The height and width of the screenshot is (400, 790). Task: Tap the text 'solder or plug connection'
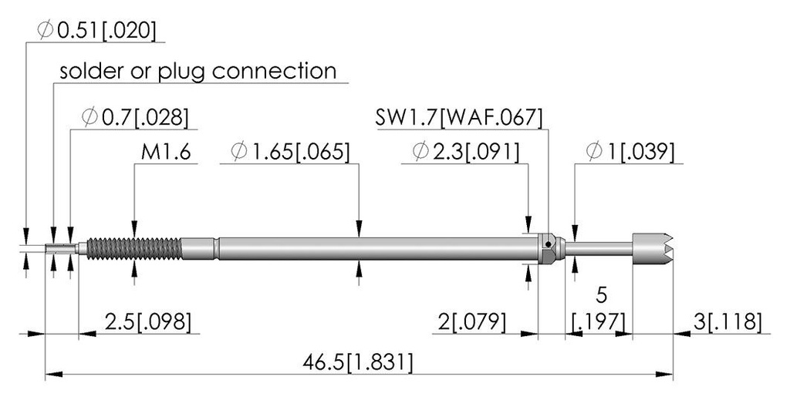tap(198, 71)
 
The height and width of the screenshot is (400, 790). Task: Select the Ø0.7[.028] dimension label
tap(135, 117)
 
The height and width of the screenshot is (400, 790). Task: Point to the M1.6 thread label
tap(166, 152)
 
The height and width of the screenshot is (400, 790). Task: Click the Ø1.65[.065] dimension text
tap(290, 152)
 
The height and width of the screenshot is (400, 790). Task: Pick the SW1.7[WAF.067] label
tap(459, 117)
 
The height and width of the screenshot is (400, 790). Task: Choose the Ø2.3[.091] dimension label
tap(465, 152)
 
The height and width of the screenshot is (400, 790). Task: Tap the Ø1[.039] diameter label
tap(630, 152)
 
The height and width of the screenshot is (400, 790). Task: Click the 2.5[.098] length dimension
tap(148, 321)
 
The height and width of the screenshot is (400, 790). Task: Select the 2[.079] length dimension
tap(471, 321)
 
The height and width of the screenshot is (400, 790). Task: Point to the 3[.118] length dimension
tap(728, 321)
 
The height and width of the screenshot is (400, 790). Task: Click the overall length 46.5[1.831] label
tap(358, 362)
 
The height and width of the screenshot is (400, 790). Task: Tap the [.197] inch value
tap(599, 321)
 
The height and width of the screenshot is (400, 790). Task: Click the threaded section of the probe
tap(134, 248)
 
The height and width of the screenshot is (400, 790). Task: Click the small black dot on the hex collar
tap(547, 245)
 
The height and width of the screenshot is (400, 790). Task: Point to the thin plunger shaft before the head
tap(599, 248)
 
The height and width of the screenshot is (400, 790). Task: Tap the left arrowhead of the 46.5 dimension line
tap(54, 375)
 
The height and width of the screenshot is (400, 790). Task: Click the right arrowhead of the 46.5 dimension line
tap(664, 375)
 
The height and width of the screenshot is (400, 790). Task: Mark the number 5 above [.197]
tap(601, 295)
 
